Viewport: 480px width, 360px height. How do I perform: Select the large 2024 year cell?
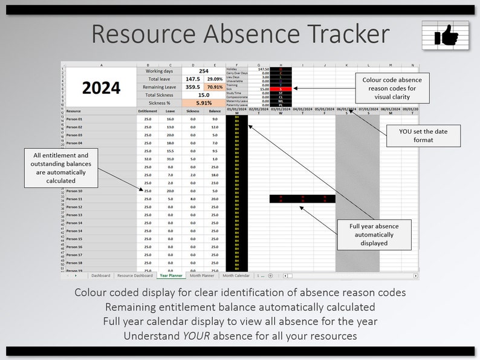click(101, 88)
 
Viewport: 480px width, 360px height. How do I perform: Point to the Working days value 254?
click(204, 71)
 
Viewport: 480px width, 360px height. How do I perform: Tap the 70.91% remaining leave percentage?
click(215, 87)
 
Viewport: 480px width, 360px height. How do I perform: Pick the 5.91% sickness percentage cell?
click(204, 103)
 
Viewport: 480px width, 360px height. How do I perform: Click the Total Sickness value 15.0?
click(204, 95)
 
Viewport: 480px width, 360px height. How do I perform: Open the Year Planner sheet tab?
click(170, 275)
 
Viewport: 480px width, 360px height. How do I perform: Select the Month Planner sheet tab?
click(202, 275)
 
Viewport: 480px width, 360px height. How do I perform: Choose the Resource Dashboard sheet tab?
click(135, 275)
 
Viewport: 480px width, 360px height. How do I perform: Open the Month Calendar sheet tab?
click(236, 275)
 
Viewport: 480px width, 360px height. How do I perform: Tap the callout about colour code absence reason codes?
click(392, 88)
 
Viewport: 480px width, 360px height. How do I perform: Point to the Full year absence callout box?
click(382, 234)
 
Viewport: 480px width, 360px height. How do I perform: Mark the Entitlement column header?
click(148, 111)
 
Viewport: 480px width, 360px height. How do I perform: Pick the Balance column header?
click(215, 111)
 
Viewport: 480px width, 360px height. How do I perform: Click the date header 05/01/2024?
click(325, 109)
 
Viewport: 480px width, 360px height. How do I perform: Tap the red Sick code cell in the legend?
click(281, 89)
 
